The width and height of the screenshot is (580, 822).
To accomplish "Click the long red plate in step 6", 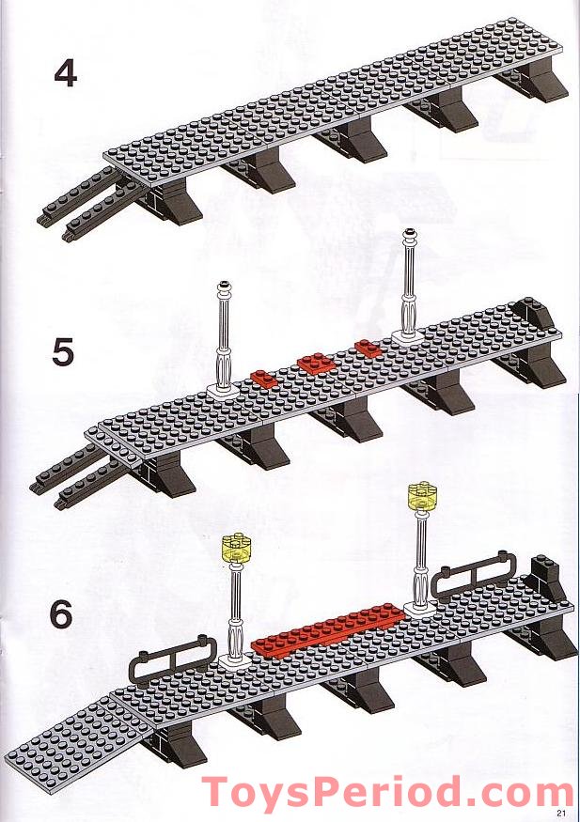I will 329,629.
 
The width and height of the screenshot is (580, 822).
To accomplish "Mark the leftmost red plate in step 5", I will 266,378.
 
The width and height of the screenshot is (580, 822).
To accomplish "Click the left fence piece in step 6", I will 175,662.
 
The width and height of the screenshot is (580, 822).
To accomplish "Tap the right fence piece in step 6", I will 474,575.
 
